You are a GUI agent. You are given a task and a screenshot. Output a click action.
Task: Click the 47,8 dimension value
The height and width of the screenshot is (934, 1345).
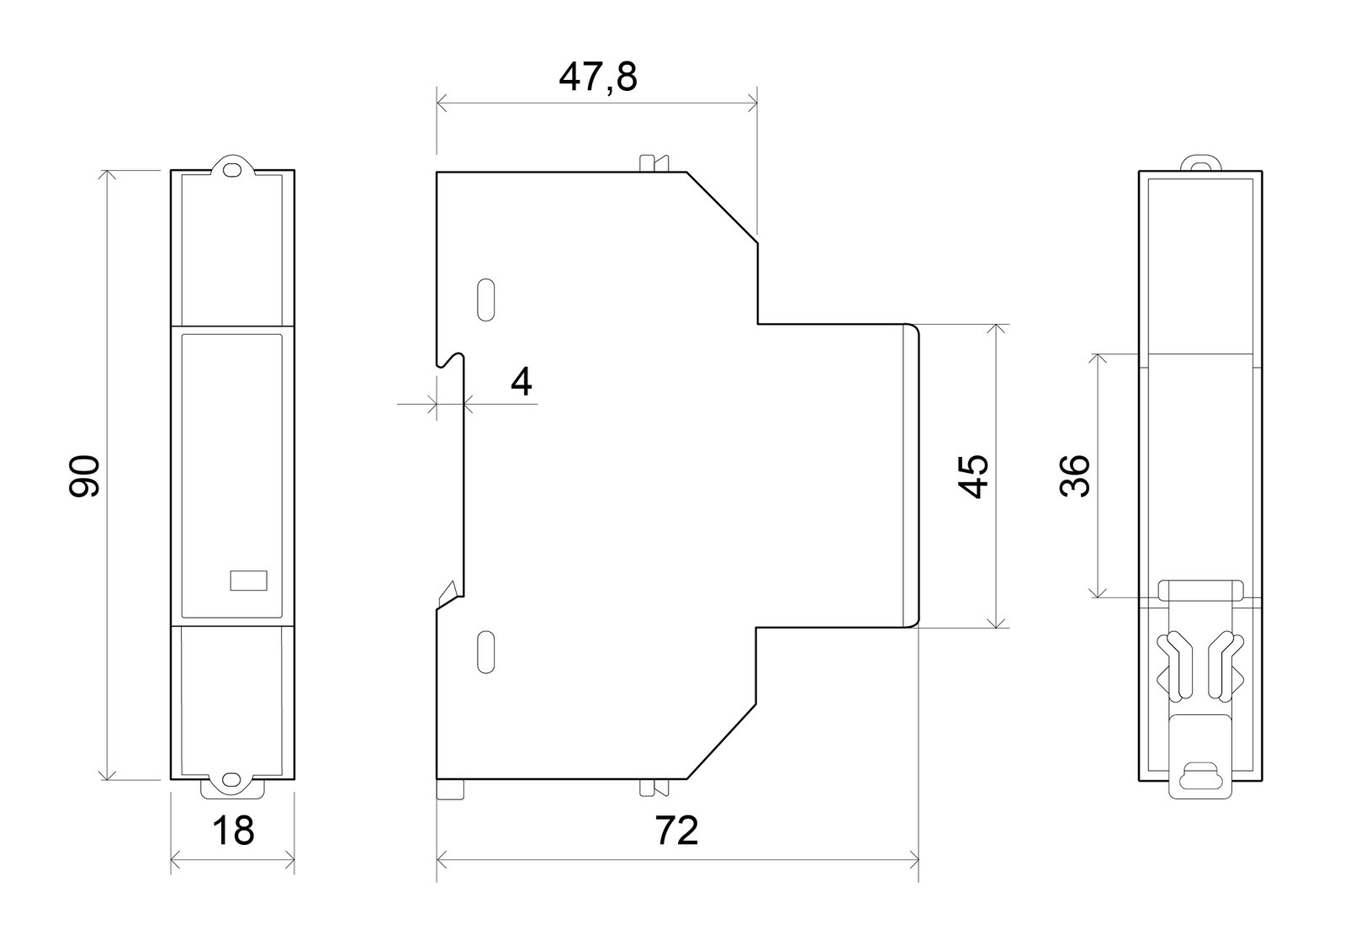597,77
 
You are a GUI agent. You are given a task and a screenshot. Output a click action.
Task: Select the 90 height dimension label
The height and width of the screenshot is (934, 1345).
84,476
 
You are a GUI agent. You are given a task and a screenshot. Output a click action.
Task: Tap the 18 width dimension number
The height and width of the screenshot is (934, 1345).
233,831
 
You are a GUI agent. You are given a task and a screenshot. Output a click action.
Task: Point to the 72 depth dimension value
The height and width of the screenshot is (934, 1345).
676,831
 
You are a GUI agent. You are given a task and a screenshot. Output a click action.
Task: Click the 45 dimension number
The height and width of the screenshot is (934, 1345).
972,476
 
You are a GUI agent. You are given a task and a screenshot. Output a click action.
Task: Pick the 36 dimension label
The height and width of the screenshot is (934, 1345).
1074,475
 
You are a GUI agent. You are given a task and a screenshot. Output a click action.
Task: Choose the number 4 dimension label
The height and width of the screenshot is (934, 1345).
522,381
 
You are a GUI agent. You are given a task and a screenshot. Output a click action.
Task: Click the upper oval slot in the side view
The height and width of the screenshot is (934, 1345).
485,300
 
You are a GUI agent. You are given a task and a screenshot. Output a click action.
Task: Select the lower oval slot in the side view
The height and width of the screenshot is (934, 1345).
485,652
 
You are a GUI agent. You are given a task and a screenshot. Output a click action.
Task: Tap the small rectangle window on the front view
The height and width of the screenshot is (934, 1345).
249,581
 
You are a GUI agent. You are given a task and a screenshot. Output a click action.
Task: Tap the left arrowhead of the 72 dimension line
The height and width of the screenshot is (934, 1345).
442,860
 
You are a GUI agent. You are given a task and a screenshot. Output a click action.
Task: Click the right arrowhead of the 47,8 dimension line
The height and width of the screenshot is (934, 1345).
752,103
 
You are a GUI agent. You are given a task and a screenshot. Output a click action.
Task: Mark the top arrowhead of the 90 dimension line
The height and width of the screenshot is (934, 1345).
107,175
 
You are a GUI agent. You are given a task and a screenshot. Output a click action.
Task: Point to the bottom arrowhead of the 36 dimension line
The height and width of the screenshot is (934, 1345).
1098,592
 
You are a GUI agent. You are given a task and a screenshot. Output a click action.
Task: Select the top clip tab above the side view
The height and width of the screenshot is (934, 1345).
654,163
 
